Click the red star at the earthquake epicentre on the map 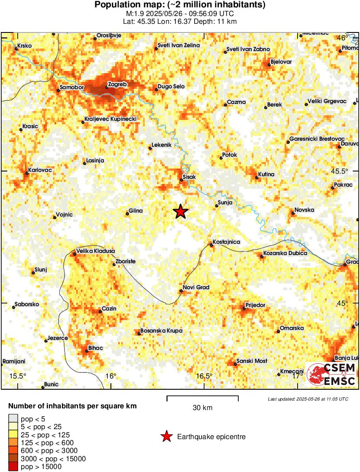(x=181, y=212)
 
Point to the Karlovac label (x=40, y=170)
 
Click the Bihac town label (x=95, y=348)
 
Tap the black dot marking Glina (x=127, y=213)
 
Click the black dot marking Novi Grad (x=182, y=291)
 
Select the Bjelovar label (x=281, y=61)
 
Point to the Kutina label (x=266, y=174)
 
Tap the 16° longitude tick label (x=111, y=376)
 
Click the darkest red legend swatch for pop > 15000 (x=13, y=467)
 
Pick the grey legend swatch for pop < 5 (x=13, y=418)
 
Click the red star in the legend (x=166, y=437)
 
